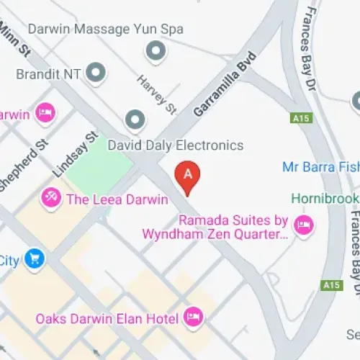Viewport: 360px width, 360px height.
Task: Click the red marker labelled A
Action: pyautogui.click(x=188, y=175)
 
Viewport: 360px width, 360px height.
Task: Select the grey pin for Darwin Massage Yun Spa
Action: pyautogui.click(x=154, y=51)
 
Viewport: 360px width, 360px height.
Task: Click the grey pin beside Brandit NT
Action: pyautogui.click(x=95, y=72)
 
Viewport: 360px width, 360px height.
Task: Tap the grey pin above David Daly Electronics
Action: pyautogui.click(x=135, y=120)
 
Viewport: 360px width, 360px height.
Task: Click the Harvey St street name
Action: pyautogui.click(x=157, y=95)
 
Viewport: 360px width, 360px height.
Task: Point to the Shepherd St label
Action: pyautogui.click(x=23, y=165)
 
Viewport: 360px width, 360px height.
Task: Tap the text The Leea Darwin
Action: pyautogui.click(x=117, y=199)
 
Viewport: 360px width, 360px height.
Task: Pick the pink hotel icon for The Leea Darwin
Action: pyautogui.click(x=51, y=197)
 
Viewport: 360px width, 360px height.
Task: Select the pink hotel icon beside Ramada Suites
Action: pyautogui.click(x=305, y=225)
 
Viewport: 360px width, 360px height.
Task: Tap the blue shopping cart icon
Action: pyautogui.click(x=33, y=258)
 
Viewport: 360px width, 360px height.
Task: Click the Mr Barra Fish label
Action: pyautogui.click(x=320, y=167)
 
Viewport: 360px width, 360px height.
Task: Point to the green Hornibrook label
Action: pyautogui.click(x=324, y=198)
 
